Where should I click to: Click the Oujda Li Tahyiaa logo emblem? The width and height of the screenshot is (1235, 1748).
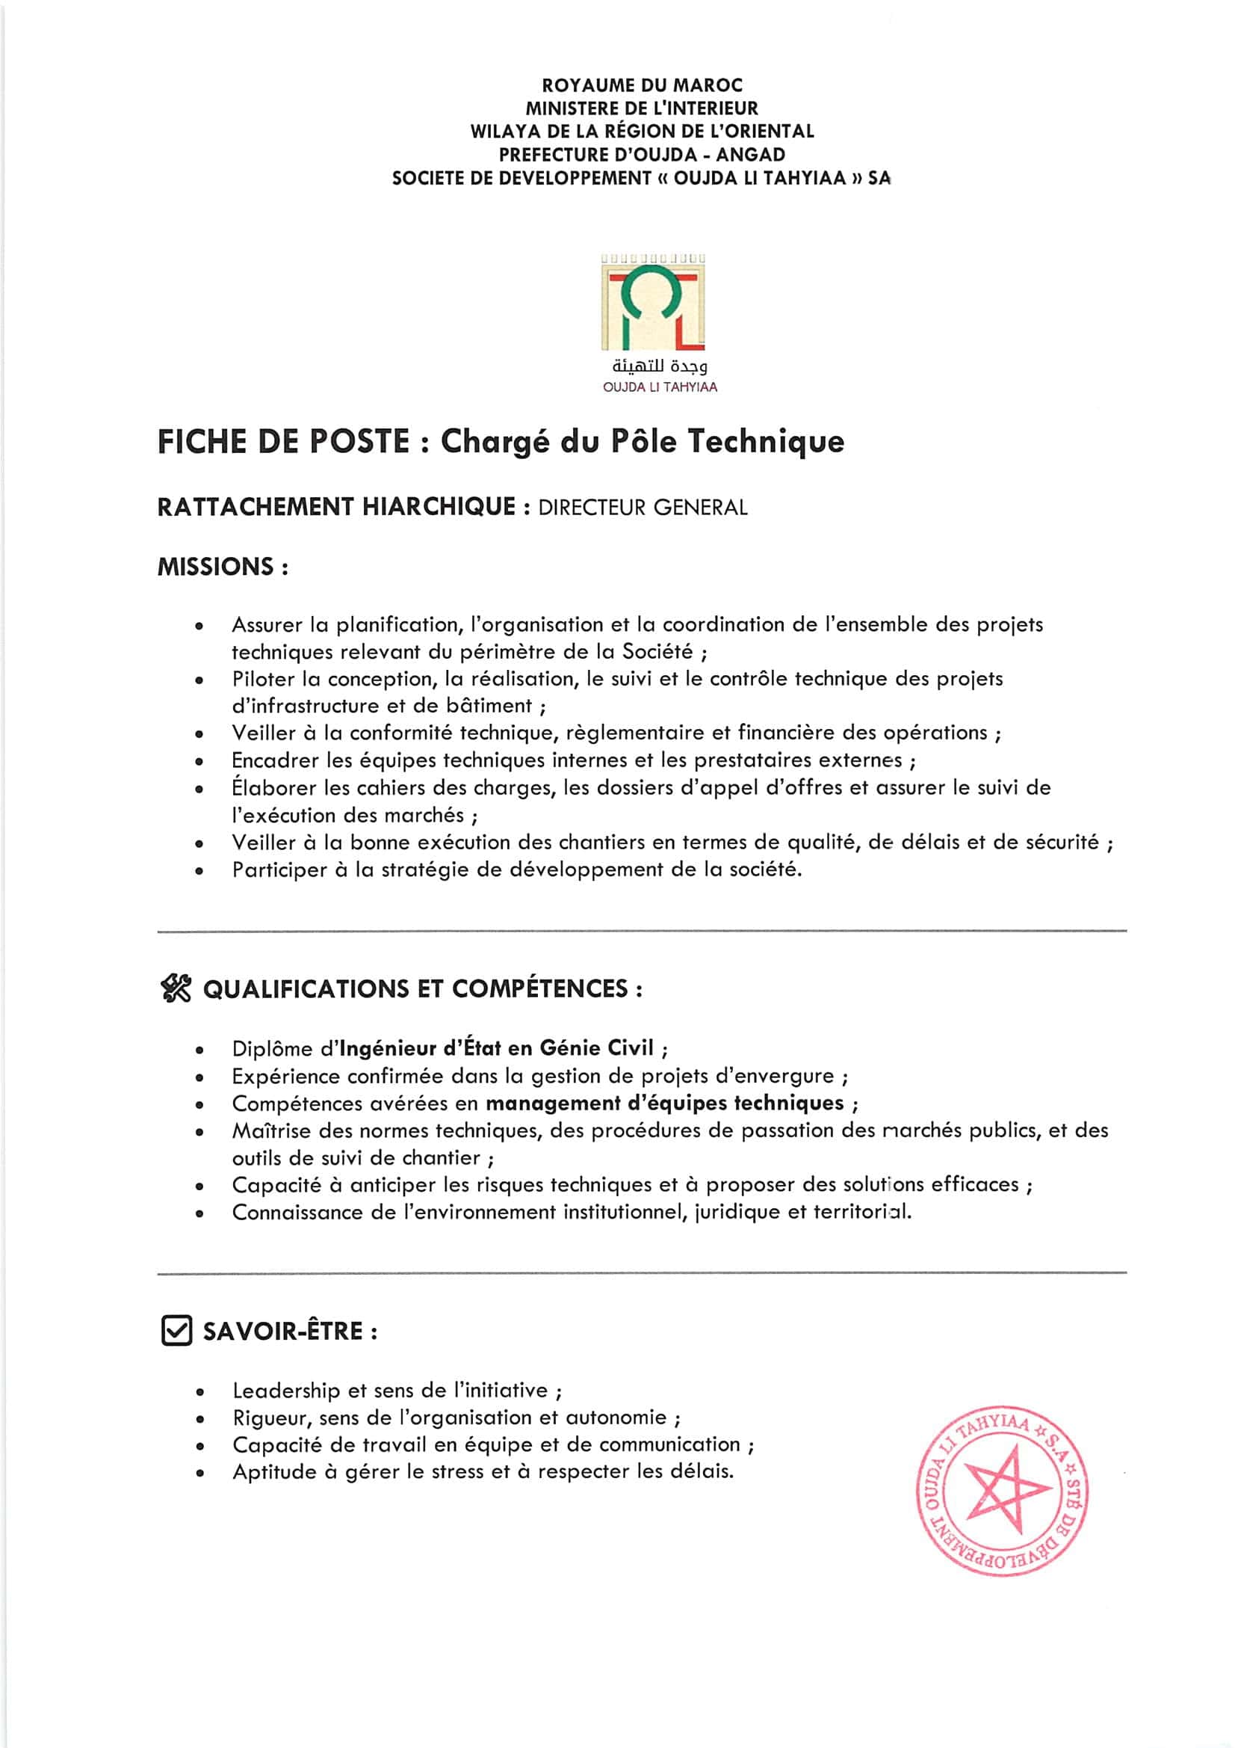coord(653,304)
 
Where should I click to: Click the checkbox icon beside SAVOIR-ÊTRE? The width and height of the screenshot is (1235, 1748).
coord(176,1331)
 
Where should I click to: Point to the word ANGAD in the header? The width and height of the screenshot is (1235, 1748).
coord(750,155)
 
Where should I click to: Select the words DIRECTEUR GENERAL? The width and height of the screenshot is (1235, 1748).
coord(643,508)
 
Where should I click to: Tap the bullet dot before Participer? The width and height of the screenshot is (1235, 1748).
coord(199,871)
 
